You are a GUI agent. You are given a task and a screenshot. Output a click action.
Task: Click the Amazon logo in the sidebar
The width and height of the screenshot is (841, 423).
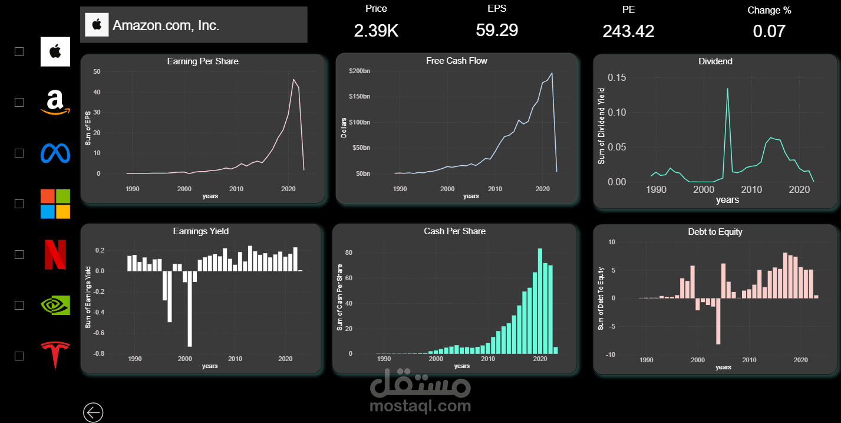(x=55, y=102)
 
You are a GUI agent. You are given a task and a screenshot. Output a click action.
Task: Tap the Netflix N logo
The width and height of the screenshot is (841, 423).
(x=55, y=254)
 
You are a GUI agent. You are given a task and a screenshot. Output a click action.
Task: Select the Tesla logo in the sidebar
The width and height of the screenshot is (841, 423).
(x=55, y=355)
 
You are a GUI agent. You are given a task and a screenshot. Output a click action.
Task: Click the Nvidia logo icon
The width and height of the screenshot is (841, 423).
(x=55, y=305)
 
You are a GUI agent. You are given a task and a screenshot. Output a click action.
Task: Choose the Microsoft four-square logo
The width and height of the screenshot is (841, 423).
(x=55, y=204)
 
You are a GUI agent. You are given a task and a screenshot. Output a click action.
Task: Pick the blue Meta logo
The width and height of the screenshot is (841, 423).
(x=55, y=153)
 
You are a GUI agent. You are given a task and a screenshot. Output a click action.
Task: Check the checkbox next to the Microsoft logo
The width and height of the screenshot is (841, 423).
(x=19, y=204)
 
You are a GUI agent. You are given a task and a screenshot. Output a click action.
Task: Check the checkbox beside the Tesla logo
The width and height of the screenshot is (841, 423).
(x=19, y=356)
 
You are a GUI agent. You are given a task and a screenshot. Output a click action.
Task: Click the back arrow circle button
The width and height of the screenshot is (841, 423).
(x=93, y=412)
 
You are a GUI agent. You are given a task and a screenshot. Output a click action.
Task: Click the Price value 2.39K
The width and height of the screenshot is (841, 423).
(x=376, y=31)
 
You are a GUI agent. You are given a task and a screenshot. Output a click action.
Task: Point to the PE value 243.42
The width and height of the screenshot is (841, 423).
(x=628, y=31)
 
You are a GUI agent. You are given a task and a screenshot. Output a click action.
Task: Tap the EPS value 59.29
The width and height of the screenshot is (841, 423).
(x=497, y=30)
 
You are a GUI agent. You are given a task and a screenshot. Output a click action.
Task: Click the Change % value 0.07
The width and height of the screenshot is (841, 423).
(x=769, y=31)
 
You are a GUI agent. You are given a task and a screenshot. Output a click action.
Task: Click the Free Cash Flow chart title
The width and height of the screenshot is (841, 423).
(x=457, y=61)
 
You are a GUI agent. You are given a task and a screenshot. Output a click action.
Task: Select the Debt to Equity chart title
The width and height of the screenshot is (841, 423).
(x=715, y=232)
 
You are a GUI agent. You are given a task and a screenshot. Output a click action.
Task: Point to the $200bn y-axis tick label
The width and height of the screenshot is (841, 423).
(x=360, y=71)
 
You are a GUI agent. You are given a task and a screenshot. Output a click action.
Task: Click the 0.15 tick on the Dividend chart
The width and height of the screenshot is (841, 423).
(x=617, y=78)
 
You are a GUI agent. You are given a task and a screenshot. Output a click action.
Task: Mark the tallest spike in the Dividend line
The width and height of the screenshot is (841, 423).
(x=727, y=89)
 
